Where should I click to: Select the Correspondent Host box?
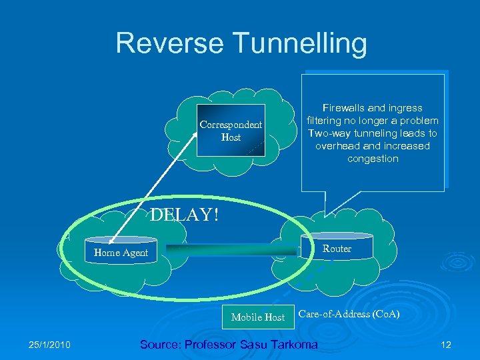231,131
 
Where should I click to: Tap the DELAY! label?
184,215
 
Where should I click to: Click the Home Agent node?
121,253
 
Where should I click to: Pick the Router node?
337,248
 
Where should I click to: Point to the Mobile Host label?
257,317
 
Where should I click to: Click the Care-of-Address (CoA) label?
349,313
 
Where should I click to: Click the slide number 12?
446,345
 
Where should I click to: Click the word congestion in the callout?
373,159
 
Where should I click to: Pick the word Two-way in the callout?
326,133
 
